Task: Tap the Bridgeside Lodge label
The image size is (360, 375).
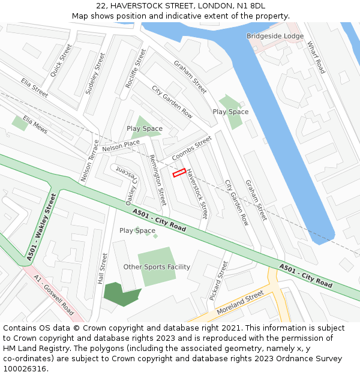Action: [x=275, y=37]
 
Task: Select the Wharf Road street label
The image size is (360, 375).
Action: [x=316, y=58]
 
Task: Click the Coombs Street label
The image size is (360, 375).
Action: [x=192, y=148]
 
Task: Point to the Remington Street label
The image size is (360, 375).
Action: [x=157, y=179]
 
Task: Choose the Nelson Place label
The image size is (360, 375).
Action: [x=121, y=145]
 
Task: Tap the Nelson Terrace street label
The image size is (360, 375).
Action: [x=89, y=161]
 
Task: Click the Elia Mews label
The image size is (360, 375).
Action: [x=35, y=125]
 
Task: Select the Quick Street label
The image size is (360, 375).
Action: [x=61, y=60]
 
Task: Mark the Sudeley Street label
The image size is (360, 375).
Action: [x=95, y=73]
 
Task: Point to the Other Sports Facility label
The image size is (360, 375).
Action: [x=157, y=267]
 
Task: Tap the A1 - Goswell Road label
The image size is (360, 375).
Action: [x=54, y=295]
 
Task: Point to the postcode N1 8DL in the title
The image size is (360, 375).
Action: [x=250, y=6]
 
